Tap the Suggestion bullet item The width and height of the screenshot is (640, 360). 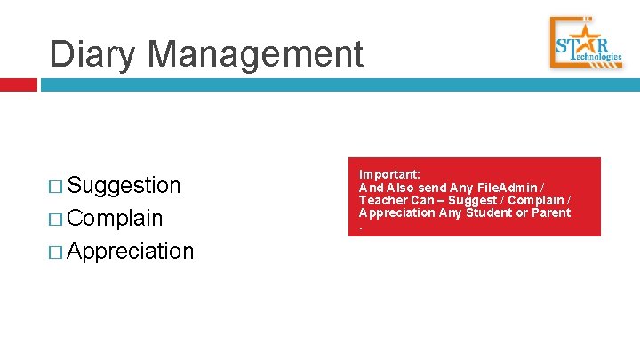(x=124, y=185)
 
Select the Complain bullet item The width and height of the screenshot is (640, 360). (x=115, y=218)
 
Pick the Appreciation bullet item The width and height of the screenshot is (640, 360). (x=130, y=251)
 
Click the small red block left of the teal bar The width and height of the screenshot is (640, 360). (x=18, y=84)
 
